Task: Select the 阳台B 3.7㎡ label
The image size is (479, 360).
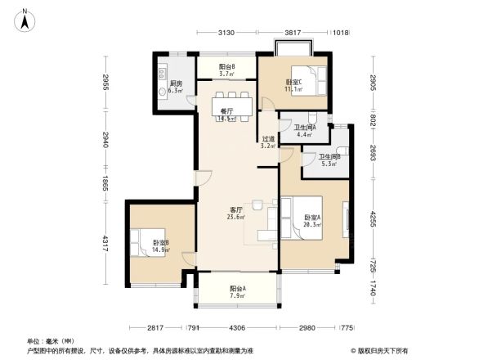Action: click(x=227, y=70)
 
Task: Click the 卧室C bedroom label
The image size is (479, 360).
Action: click(x=293, y=84)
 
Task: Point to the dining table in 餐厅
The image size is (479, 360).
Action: click(x=228, y=108)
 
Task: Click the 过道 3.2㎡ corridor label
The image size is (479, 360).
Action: click(x=268, y=142)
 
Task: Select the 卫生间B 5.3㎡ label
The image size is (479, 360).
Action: click(x=329, y=160)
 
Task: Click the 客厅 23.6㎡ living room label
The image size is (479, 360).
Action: click(x=236, y=214)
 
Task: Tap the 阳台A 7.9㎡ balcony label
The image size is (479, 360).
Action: click(x=239, y=291)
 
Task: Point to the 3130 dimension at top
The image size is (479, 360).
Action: click(x=226, y=33)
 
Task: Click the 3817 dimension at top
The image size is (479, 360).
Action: click(x=293, y=33)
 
